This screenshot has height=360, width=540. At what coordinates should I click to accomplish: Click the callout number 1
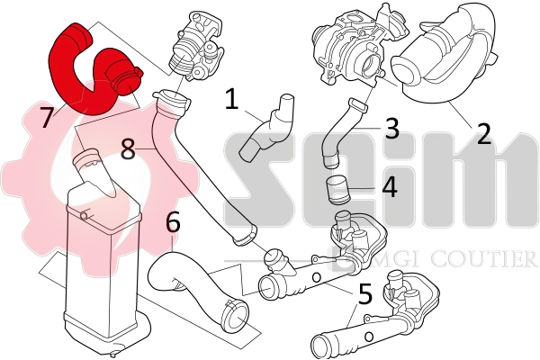[x=232, y=99]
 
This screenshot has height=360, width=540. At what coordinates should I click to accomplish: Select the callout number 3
[x=391, y=129]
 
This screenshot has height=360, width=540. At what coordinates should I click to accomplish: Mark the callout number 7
[x=46, y=114]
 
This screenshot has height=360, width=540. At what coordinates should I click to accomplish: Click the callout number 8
[x=129, y=149]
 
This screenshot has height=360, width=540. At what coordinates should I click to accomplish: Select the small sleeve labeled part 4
[x=338, y=192]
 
